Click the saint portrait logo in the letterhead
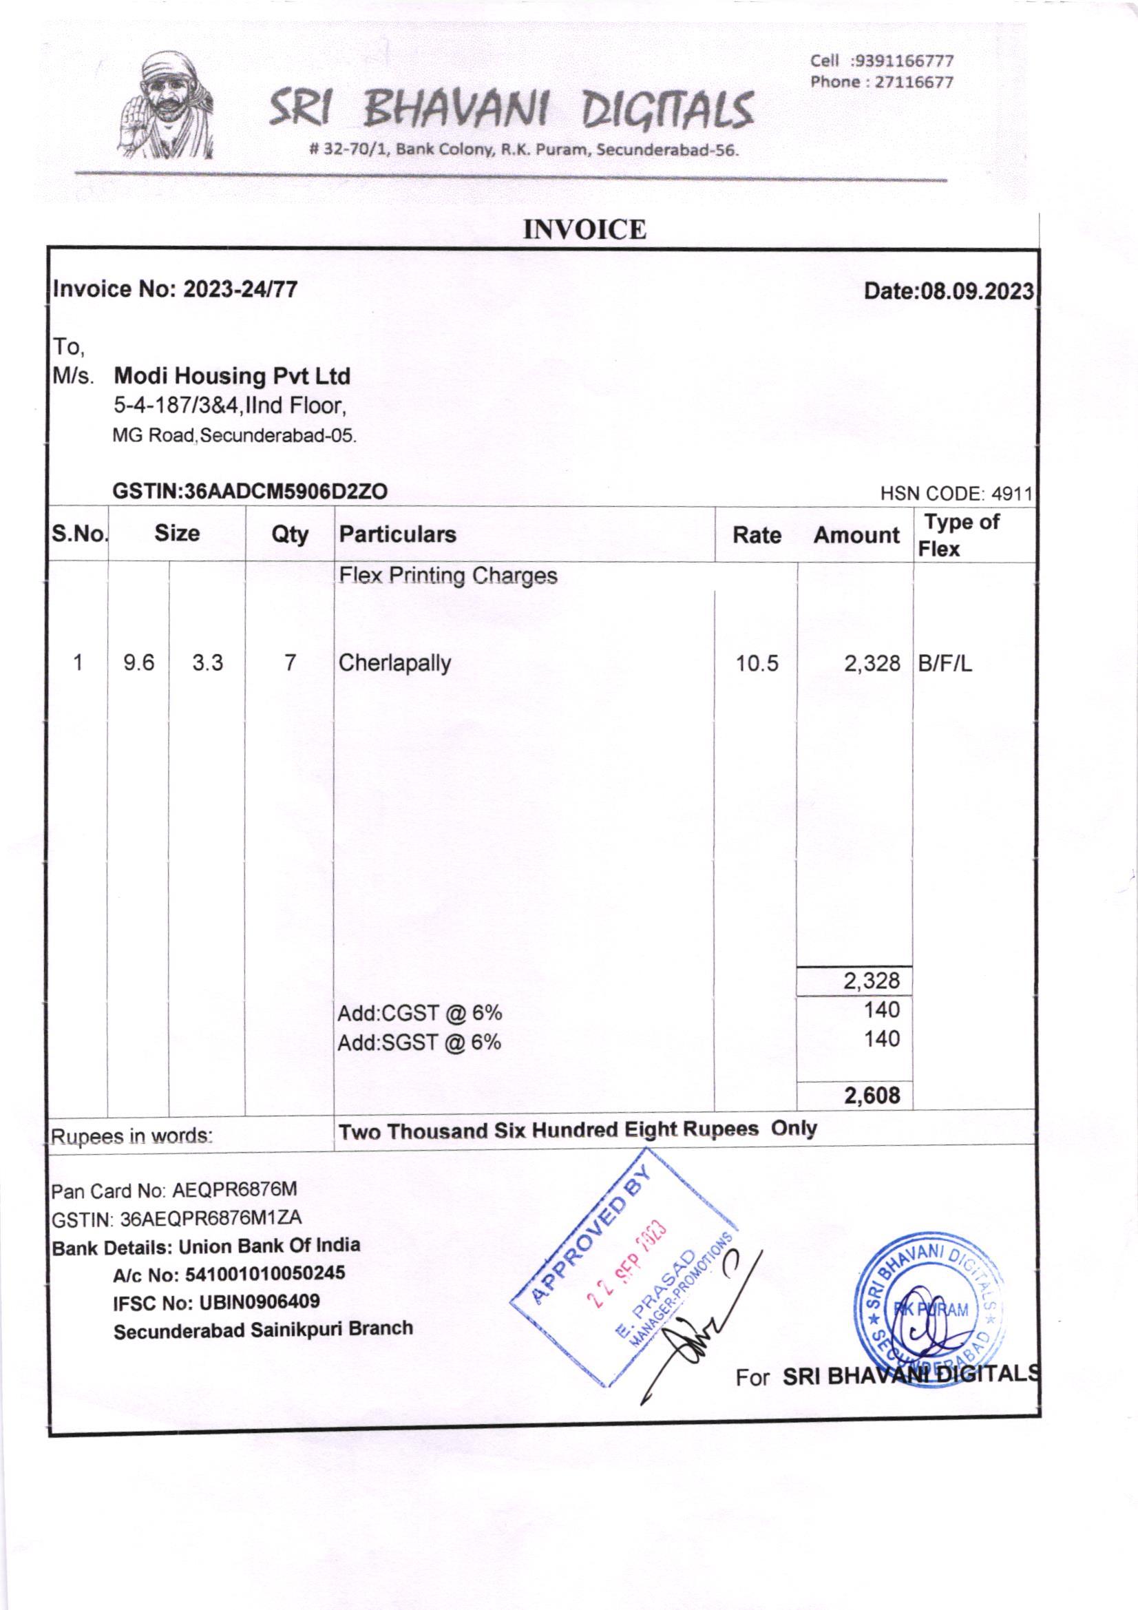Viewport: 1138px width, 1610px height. coord(167,107)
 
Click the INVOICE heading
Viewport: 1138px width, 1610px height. coord(584,230)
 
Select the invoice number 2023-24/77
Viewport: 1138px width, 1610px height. coord(240,289)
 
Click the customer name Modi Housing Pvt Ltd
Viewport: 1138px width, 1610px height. coord(231,377)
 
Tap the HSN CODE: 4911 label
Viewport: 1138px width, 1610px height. coord(956,494)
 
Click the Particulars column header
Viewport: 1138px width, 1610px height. coord(397,534)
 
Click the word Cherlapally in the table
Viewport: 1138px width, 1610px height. coord(394,662)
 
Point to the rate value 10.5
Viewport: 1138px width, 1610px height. coord(757,663)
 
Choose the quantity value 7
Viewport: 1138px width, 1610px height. coord(290,662)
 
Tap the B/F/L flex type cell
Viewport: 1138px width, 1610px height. coord(945,663)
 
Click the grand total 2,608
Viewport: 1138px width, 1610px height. coord(872,1096)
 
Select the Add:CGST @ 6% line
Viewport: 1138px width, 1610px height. coord(420,1013)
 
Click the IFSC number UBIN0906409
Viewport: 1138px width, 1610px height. coord(260,1302)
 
